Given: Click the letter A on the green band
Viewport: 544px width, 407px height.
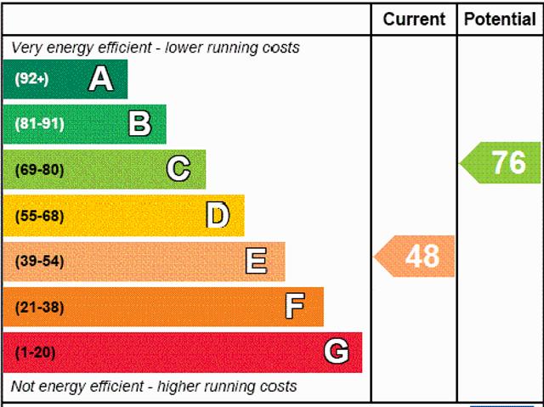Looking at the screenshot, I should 100,79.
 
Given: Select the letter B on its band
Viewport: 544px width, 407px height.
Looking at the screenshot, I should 139,124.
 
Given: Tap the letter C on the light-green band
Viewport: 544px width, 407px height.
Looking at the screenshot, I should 178,169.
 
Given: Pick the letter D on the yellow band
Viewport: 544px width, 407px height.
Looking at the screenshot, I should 218,215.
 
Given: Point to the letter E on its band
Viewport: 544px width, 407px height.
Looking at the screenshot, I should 256,261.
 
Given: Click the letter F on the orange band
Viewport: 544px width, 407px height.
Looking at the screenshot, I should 295,306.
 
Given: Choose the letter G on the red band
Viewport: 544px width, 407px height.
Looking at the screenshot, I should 337,351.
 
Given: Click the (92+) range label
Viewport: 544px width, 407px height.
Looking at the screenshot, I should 32,79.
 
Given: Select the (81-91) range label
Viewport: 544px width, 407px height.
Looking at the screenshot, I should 39,124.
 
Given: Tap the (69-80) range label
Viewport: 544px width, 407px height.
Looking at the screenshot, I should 39,169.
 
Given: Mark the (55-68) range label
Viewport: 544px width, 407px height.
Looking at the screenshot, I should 39,215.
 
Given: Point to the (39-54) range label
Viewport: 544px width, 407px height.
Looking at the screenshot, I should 39,261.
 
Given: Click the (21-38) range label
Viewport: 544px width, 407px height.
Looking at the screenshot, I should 39,307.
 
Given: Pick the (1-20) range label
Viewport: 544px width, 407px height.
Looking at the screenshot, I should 36,352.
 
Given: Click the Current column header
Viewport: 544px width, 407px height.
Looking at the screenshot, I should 414,19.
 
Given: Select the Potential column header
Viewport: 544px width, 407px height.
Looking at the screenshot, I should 501,19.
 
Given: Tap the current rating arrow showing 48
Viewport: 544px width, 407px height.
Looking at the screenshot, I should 416,256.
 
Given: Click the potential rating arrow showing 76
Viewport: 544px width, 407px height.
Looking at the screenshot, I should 502,162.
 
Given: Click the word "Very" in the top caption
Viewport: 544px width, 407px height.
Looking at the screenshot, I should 25,48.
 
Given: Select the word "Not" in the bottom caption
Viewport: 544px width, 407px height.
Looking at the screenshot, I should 23,387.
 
